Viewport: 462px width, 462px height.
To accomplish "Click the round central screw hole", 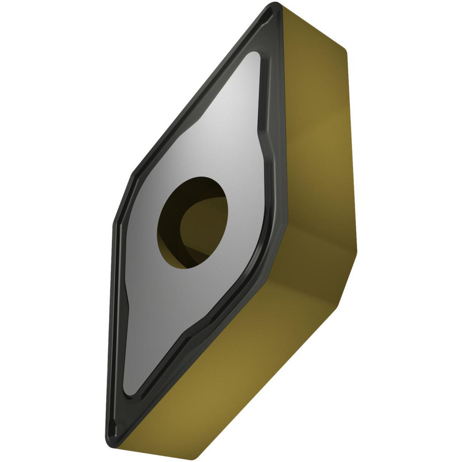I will click(x=193, y=221).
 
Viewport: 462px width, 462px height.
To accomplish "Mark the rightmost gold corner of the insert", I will click(x=357, y=252).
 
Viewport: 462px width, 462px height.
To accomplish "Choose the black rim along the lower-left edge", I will click(x=113, y=323).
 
